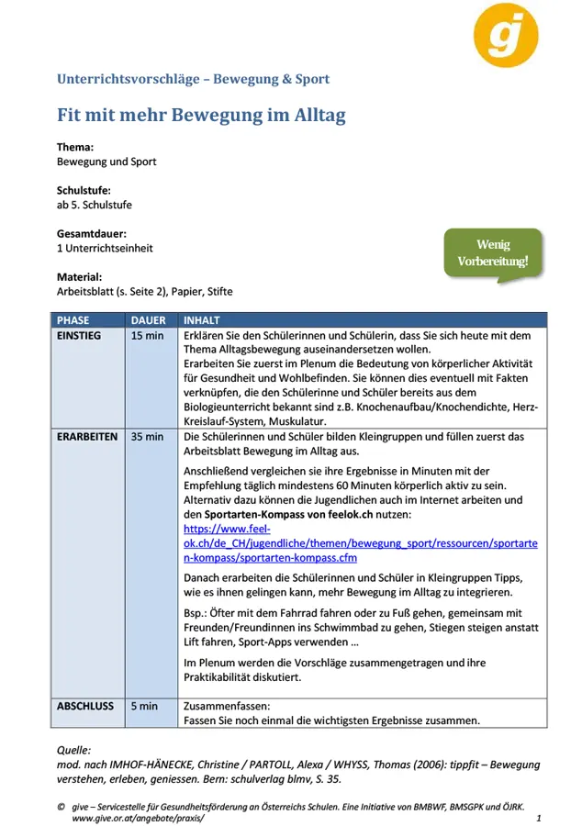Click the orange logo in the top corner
(506, 34)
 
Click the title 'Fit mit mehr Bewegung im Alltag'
(201, 116)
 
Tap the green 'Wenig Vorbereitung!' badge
(493, 252)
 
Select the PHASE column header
(73, 320)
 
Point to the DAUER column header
(149, 320)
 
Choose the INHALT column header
(202, 320)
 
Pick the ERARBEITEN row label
(87, 437)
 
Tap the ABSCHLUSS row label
(85, 707)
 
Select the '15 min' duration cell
(148, 336)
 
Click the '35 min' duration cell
(148, 437)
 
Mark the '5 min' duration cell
(144, 707)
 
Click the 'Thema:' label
(75, 147)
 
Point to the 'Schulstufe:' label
(84, 190)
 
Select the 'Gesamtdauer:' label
(92, 233)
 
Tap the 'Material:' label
(79, 276)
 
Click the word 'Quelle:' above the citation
(74, 749)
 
